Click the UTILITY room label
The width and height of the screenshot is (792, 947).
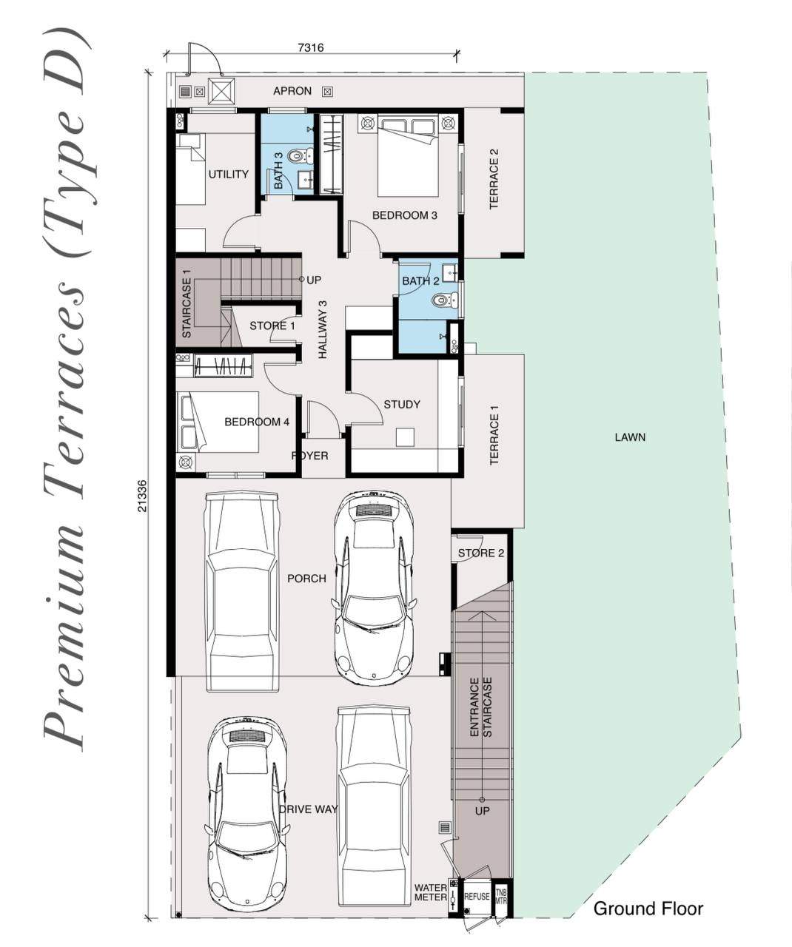(228, 174)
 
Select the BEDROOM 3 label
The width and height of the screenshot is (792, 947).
(404, 215)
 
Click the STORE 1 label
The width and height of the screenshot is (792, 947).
(272, 326)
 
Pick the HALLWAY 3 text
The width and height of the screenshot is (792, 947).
(323, 330)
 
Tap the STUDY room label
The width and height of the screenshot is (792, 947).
(402, 404)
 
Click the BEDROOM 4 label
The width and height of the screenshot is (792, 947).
(257, 422)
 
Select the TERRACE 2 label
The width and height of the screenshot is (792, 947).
(494, 179)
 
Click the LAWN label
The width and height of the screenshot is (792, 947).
(630, 437)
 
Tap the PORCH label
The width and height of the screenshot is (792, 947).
(307, 579)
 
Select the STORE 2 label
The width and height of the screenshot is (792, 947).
(481, 553)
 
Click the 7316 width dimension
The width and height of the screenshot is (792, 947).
(311, 47)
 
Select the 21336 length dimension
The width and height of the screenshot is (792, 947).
(143, 496)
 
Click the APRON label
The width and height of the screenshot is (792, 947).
(292, 91)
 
